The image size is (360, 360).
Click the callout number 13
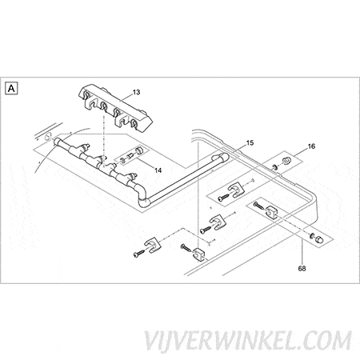coord(136,92)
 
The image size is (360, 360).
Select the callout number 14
coord(158,170)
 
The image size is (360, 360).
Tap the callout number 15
coord(250,143)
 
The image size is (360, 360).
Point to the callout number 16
coord(311,146)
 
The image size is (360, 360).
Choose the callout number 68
coord(302,269)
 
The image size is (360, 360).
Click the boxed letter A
coord(11,88)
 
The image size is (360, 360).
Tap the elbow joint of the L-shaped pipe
coord(143,198)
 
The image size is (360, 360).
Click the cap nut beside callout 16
coord(286,161)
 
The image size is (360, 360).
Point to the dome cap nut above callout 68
coord(319,239)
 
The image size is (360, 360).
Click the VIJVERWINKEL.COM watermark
coord(248,340)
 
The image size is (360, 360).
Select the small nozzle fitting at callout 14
coord(130,156)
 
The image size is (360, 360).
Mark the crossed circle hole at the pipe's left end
coord(48,136)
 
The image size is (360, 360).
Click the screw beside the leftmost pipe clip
coord(139,254)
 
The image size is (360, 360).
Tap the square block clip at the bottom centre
coord(200,254)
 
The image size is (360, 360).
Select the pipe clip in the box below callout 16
coord(237,190)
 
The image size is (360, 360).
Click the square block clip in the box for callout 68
coord(272,212)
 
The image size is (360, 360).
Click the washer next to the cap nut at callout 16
coord(274,167)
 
